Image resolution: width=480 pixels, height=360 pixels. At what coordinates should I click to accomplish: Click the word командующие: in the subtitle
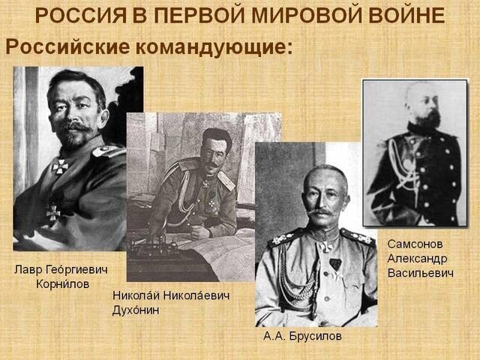214,46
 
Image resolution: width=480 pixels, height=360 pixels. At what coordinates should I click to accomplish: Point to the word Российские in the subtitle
67,46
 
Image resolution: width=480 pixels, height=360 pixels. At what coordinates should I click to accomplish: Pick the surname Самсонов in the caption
415,244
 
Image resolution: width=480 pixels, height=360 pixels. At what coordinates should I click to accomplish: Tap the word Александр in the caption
417,258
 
